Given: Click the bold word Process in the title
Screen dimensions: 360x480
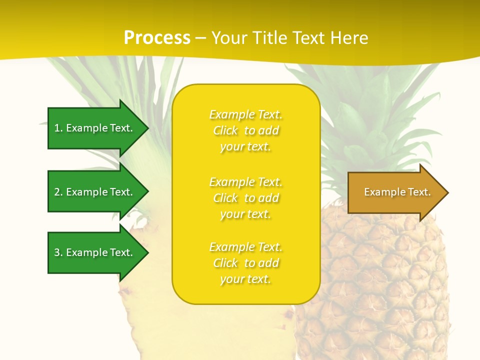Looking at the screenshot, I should [157, 38].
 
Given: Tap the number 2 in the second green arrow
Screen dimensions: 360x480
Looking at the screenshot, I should [57, 192].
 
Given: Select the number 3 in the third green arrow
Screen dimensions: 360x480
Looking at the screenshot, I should [57, 252].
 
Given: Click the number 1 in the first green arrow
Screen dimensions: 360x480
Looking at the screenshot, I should [57, 128].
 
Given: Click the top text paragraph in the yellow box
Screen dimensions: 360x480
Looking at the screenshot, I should [245, 130].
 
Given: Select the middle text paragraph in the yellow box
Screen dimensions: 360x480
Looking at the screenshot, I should [245, 198].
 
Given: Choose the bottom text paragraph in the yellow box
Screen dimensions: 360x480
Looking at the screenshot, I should [245, 263].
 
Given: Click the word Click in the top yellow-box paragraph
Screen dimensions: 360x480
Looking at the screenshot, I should [225, 131].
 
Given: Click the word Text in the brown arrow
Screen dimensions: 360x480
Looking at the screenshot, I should [419, 192].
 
